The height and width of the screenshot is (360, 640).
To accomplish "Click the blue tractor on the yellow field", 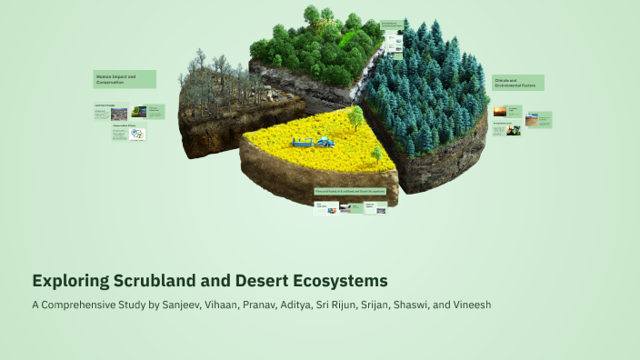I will [x=325, y=141].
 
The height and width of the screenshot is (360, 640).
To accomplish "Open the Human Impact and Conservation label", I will [x=125, y=79].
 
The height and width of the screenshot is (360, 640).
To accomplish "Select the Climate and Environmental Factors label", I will [x=518, y=83].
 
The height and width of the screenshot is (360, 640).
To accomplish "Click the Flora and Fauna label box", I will [x=351, y=191].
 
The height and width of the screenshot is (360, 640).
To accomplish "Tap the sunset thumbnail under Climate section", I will [x=500, y=111].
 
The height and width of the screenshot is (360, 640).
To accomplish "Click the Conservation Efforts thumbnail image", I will [x=137, y=135].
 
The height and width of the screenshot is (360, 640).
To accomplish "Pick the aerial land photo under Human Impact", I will [x=118, y=115].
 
